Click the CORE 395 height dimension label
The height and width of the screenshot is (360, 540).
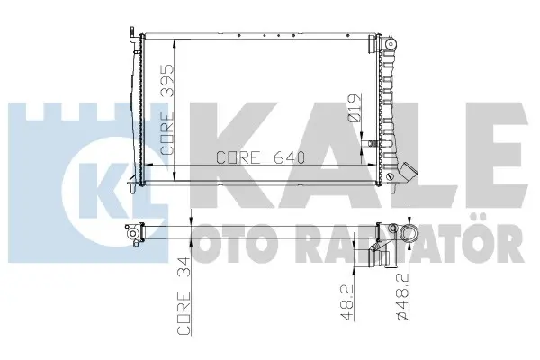point(167,110)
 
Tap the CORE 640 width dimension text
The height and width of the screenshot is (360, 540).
point(261,157)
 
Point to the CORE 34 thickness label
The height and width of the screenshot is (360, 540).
point(184,295)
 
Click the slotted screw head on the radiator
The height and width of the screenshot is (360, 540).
point(390,177)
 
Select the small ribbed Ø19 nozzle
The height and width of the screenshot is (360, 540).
point(371,143)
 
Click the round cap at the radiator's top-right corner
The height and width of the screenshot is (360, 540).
point(391,44)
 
